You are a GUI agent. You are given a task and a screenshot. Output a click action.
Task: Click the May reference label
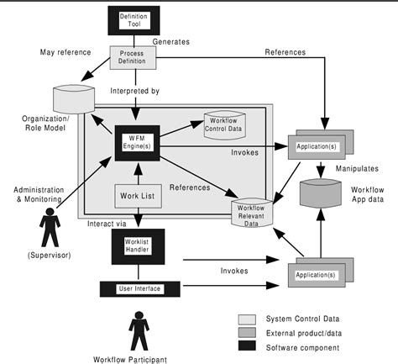pyautogui.click(x=65, y=53)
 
